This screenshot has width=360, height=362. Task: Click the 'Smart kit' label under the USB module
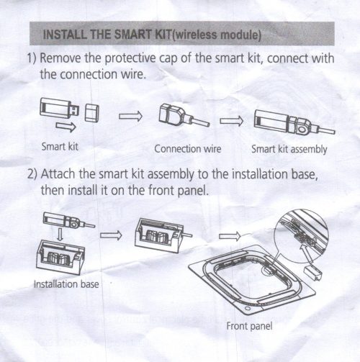point(60,146)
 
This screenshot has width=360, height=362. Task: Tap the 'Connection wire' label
point(188,149)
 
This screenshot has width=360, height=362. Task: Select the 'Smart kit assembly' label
point(289,149)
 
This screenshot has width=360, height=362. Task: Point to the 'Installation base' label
point(66,284)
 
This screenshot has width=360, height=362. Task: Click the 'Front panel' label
point(249,326)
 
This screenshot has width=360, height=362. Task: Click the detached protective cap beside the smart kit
point(92,113)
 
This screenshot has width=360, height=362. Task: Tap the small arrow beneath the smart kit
point(66,127)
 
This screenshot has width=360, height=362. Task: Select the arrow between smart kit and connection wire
point(130,116)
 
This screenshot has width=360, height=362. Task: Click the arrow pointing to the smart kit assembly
point(231,121)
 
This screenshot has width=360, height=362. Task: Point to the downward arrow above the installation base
point(60,235)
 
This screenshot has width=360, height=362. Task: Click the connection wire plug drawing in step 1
point(184,116)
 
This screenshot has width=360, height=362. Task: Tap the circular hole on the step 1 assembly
point(302,130)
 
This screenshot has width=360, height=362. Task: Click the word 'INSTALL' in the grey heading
point(66,35)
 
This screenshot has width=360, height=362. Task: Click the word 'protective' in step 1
point(130,59)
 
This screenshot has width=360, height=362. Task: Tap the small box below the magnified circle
point(313,273)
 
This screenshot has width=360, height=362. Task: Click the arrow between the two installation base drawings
point(111,235)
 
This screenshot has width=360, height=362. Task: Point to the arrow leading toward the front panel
point(230,237)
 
